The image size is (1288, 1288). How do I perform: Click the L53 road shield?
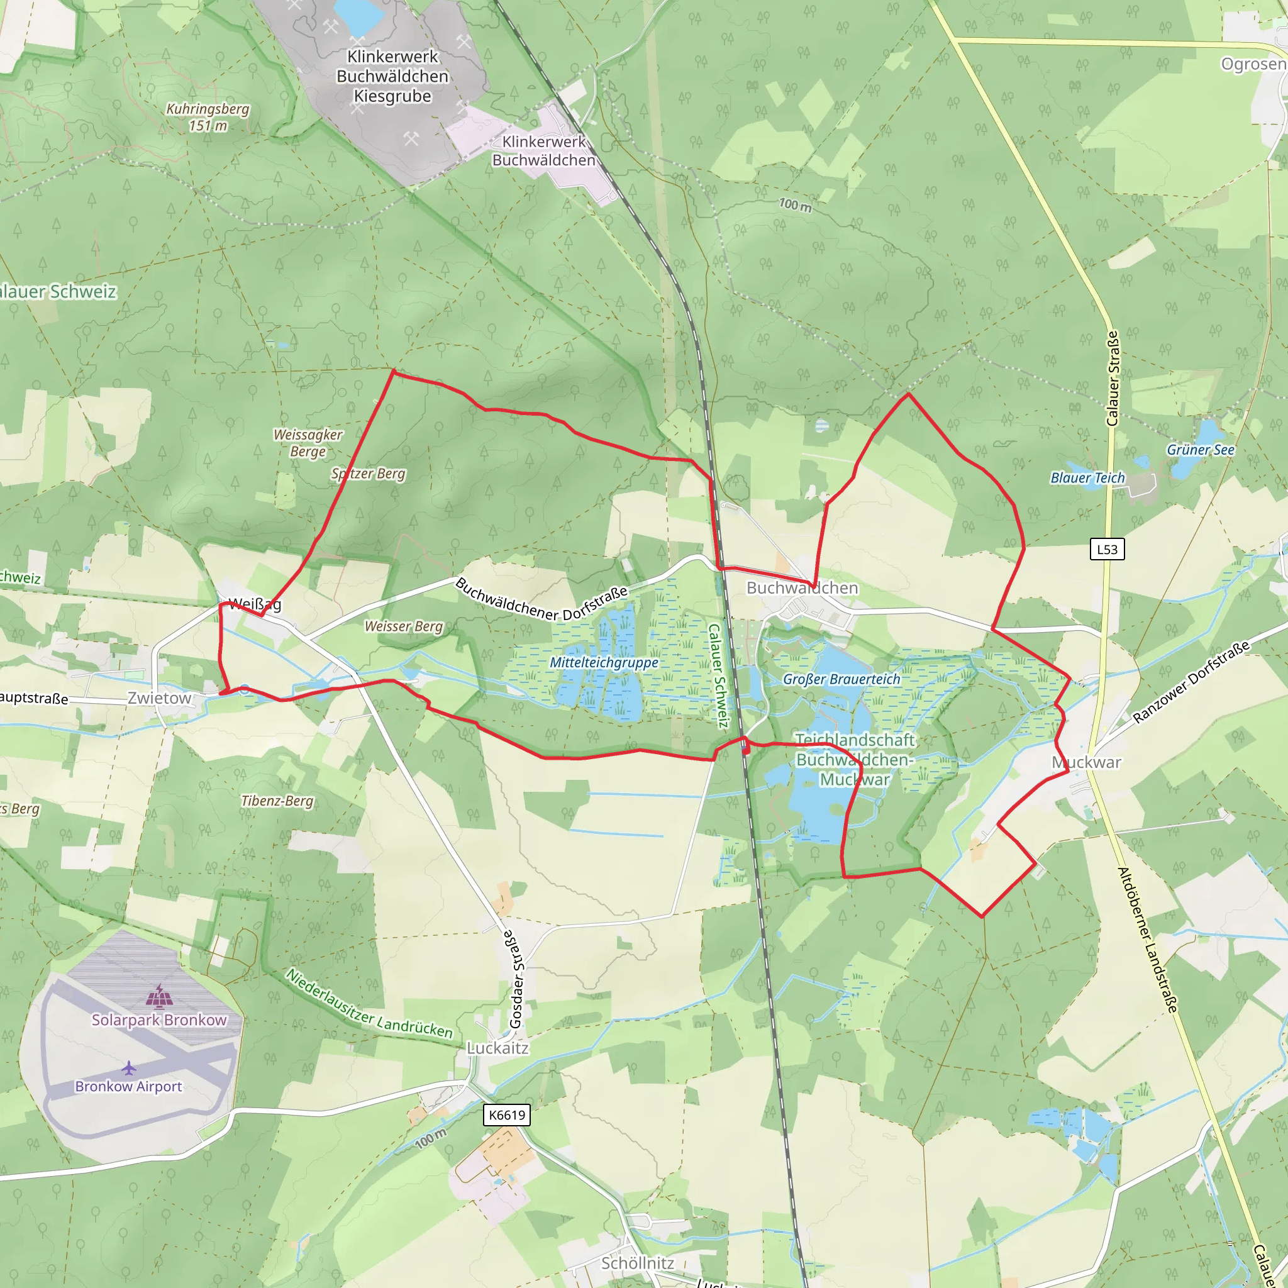tap(1107, 549)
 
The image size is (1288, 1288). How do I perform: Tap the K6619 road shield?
tap(507, 1115)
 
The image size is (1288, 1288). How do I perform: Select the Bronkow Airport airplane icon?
tap(129, 1069)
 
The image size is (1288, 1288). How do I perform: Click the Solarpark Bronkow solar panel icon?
tap(159, 997)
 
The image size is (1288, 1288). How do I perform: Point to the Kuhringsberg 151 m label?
tap(208, 118)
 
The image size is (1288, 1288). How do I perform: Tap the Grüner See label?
tap(1200, 450)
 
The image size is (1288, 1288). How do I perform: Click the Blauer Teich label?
tap(1087, 478)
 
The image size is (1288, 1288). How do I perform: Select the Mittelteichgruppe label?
tap(604, 663)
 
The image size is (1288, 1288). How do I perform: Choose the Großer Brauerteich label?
tap(841, 679)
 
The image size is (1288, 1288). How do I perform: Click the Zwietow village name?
tap(159, 698)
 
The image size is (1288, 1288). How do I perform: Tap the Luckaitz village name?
tap(497, 1048)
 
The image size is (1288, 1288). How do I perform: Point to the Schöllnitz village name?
tap(637, 1263)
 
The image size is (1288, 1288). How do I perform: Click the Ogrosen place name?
tap(1253, 64)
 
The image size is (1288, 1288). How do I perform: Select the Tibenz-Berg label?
tap(277, 801)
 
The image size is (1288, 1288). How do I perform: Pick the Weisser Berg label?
tap(403, 626)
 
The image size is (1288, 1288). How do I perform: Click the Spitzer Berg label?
tap(368, 474)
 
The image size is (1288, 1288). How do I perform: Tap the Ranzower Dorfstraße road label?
tap(1191, 682)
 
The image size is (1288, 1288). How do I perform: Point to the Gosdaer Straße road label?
tap(517, 979)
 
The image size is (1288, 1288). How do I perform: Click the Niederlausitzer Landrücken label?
tap(369, 1003)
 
